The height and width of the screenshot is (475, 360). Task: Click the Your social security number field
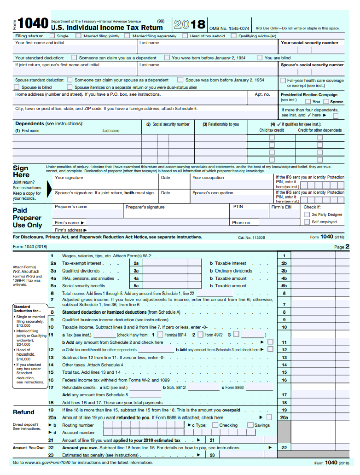click(311, 49)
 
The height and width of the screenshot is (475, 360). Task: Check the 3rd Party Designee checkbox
click(307, 214)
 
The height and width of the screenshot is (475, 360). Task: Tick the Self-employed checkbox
click(307, 222)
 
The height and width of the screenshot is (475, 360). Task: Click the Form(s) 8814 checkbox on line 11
click(160, 335)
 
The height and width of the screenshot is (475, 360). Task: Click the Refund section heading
click(23, 412)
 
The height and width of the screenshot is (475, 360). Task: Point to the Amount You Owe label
click(29, 447)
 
